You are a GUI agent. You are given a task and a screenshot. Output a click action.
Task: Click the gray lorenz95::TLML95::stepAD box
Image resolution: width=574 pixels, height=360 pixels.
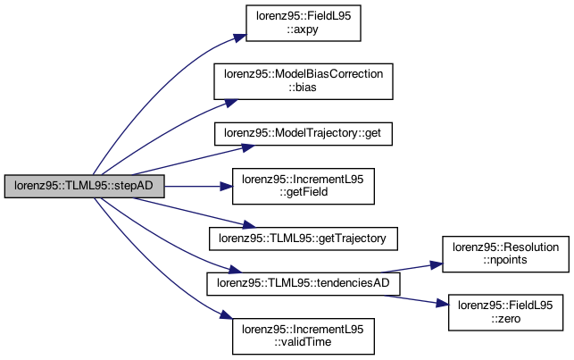[84, 187]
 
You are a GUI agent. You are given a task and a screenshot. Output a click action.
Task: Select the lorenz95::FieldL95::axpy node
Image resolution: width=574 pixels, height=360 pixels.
[304, 23]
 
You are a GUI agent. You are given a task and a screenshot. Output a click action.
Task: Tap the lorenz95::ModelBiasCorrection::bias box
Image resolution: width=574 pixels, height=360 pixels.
[304, 81]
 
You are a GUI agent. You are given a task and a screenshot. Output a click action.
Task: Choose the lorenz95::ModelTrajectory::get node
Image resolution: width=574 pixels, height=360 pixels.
[304, 134]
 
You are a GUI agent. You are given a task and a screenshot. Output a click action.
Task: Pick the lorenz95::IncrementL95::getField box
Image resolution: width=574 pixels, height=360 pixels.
[304, 187]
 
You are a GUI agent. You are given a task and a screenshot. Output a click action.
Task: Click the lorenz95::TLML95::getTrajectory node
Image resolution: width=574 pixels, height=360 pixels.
[304, 239]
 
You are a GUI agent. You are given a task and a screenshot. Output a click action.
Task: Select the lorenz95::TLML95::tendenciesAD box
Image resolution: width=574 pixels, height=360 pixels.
[304, 284]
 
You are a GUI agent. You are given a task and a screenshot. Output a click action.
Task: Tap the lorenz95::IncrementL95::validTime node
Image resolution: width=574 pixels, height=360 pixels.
[304, 336]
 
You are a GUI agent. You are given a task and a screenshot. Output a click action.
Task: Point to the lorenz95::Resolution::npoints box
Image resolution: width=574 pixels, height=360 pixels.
[505, 255]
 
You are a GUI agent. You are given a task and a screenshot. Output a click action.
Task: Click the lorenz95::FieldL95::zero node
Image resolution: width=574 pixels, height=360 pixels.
[505, 313]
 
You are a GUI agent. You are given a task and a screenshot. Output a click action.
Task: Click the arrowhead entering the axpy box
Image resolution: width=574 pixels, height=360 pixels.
[240, 38]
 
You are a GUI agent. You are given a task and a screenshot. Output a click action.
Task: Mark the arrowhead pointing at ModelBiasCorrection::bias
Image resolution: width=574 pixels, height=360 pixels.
[231, 103]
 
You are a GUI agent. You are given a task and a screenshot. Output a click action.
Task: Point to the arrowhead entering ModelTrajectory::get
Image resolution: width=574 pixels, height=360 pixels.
[248, 148]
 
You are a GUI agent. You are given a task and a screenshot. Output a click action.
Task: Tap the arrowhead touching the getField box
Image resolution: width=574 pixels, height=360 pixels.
[226, 187]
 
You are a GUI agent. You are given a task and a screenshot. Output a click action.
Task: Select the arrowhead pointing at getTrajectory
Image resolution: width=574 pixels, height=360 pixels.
[248, 225]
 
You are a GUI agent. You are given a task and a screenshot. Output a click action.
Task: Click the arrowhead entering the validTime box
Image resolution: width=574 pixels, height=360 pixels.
[226, 315]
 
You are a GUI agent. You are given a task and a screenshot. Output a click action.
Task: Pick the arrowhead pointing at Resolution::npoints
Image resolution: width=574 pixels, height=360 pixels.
[437, 264]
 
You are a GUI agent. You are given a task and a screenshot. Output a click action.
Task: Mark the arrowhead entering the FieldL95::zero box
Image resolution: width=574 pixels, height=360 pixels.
[442, 303]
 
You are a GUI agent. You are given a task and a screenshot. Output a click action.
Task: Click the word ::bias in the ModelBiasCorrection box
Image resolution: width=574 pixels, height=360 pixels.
[303, 88]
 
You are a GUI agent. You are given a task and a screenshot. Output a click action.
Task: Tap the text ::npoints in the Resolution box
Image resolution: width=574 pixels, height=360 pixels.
[505, 260]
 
